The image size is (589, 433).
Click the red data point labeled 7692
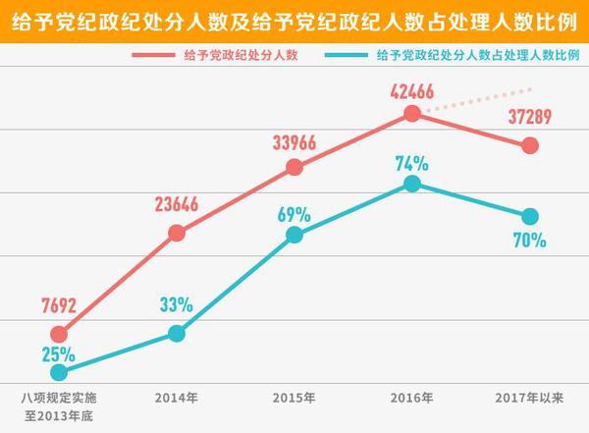59,335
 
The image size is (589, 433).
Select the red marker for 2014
177,233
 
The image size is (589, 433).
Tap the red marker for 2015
294,168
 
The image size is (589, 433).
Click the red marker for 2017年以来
530,145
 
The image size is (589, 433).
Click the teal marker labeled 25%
59,372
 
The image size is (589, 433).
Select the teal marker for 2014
177,333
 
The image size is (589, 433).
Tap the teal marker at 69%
294,234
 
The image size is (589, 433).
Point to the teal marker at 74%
413,184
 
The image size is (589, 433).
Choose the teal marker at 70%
530,216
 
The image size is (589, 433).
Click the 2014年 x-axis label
177,398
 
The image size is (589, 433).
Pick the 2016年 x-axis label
412,398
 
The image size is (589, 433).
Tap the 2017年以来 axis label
529,398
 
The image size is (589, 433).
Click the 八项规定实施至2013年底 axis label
60,406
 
